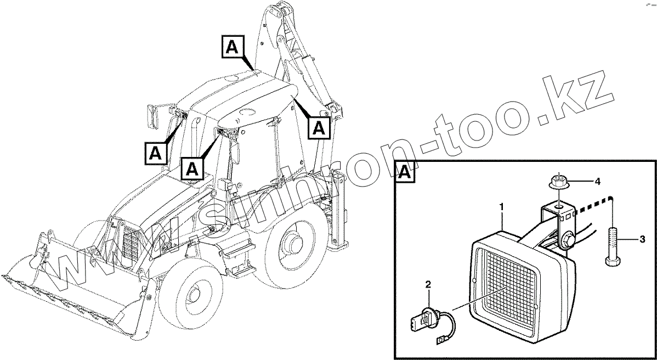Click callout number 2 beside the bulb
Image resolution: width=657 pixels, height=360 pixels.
click(x=428, y=284)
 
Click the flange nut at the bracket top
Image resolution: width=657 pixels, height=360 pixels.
click(x=558, y=181)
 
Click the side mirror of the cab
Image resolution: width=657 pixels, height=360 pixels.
click(x=153, y=116)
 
